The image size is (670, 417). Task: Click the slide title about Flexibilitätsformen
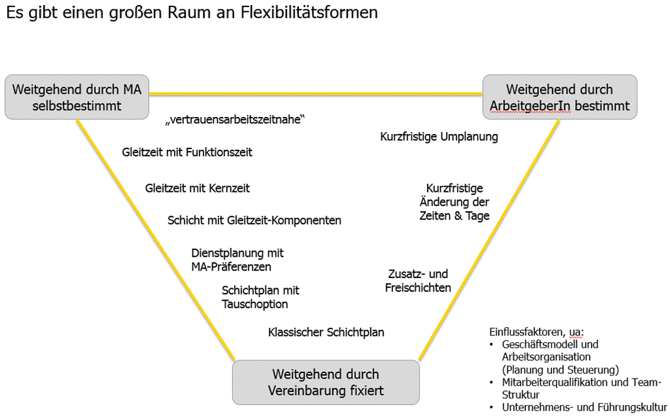(x=192, y=13)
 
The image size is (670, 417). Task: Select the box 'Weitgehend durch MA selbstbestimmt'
(x=77, y=97)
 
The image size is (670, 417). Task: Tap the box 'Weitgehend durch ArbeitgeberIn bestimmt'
(x=559, y=97)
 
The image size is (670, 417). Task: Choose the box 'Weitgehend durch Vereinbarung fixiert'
(x=325, y=382)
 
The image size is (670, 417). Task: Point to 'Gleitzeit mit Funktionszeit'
(x=187, y=152)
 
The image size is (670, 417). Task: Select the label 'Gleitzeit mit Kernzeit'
(x=197, y=188)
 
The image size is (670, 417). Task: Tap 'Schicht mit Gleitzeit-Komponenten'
(x=254, y=221)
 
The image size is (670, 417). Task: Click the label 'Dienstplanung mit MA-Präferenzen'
(x=237, y=260)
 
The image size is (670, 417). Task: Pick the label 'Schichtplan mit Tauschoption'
(x=260, y=297)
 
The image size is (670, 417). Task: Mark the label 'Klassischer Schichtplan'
(x=326, y=332)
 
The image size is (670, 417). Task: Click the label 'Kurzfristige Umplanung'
(x=439, y=136)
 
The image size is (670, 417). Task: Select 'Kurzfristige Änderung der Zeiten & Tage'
(x=454, y=202)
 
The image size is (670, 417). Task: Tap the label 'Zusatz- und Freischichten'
(x=418, y=281)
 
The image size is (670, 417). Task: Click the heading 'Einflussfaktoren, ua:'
(x=536, y=331)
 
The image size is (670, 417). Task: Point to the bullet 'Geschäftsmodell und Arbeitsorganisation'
(x=550, y=350)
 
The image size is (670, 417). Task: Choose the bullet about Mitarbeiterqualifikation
(x=581, y=388)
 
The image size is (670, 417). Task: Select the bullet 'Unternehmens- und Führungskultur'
(x=584, y=407)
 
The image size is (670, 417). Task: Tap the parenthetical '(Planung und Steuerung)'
(x=561, y=369)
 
